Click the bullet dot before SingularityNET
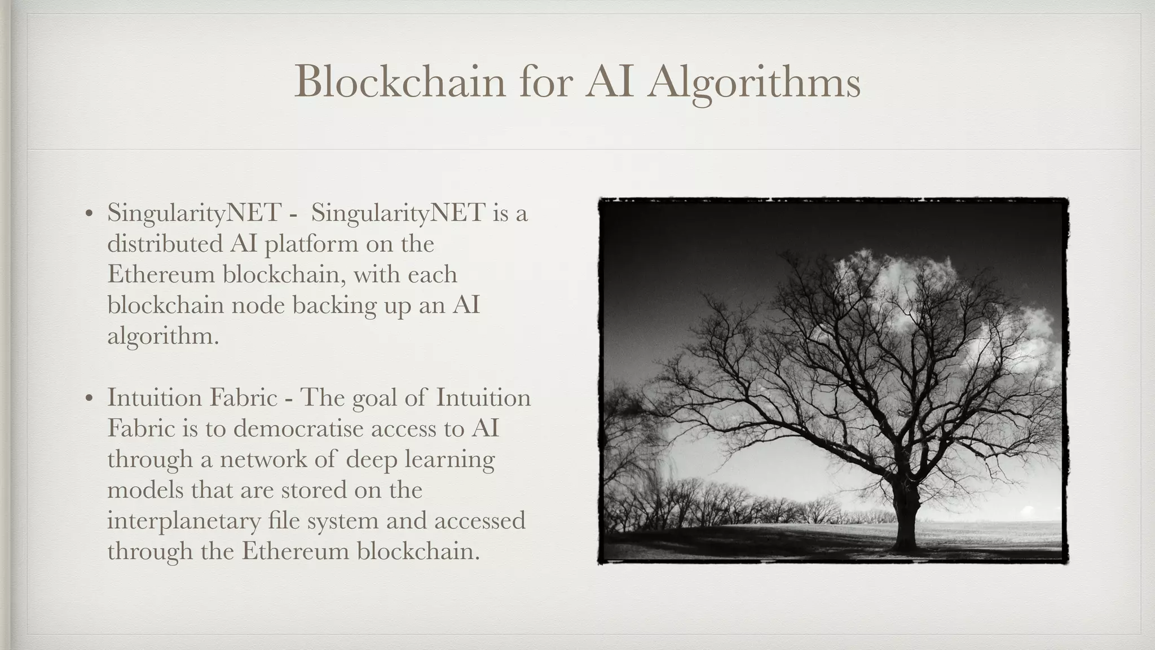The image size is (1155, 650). click(x=89, y=214)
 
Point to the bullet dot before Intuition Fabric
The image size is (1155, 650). click(x=89, y=398)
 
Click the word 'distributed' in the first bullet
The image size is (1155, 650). click(x=164, y=244)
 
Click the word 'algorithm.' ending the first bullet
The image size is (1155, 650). click(x=163, y=337)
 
